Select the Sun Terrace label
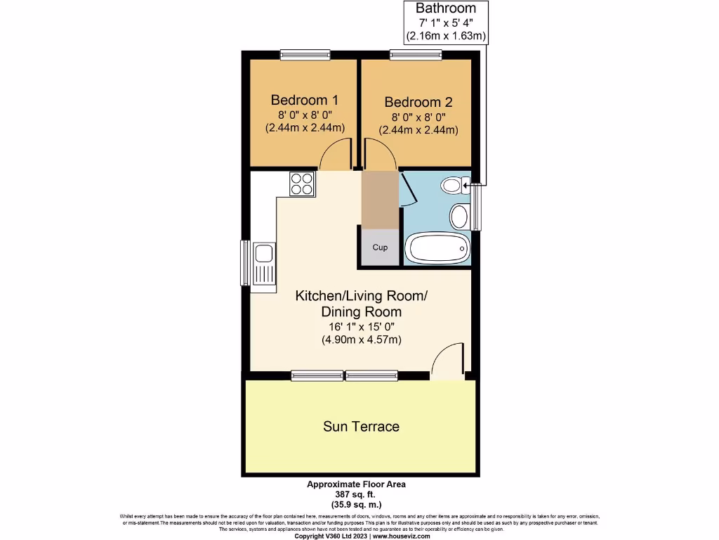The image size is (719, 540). click(x=361, y=426)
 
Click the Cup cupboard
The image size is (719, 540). click(x=380, y=247)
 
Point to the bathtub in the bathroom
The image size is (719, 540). click(x=437, y=248)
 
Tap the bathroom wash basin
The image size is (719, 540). click(x=460, y=215)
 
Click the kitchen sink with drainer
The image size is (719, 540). click(x=265, y=264)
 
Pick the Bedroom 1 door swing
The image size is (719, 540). click(x=335, y=156)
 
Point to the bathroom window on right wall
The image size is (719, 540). click(x=478, y=207)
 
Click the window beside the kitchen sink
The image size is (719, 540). click(x=246, y=263)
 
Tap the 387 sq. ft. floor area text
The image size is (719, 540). click(x=356, y=494)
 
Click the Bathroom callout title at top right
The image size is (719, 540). click(x=445, y=9)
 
